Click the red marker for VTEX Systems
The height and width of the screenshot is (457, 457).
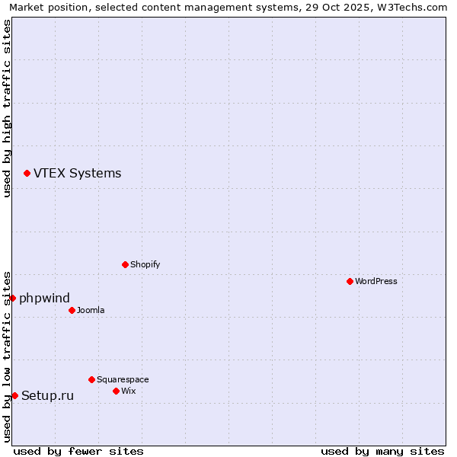27,174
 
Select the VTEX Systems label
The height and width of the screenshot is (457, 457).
77,174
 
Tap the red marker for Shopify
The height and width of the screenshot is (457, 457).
125,264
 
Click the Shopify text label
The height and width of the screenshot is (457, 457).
145,265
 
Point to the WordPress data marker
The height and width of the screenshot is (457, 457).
350,281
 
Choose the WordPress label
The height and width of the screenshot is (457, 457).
376,282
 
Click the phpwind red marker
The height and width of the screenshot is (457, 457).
12,298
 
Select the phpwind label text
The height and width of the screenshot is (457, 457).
44,299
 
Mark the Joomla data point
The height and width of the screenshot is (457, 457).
72,310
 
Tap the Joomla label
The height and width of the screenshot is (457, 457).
91,311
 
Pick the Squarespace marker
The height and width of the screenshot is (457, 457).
91,379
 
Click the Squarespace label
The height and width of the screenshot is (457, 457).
123,380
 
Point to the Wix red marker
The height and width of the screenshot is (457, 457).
116,391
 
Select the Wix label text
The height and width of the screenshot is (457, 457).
129,391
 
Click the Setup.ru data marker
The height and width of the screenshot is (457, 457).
14,395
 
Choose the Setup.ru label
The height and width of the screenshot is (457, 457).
47,396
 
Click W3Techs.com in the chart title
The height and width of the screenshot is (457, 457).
410,8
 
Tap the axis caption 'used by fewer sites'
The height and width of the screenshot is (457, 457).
78,451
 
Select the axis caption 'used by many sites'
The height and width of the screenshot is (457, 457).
382,451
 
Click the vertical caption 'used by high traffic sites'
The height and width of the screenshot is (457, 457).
8,108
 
